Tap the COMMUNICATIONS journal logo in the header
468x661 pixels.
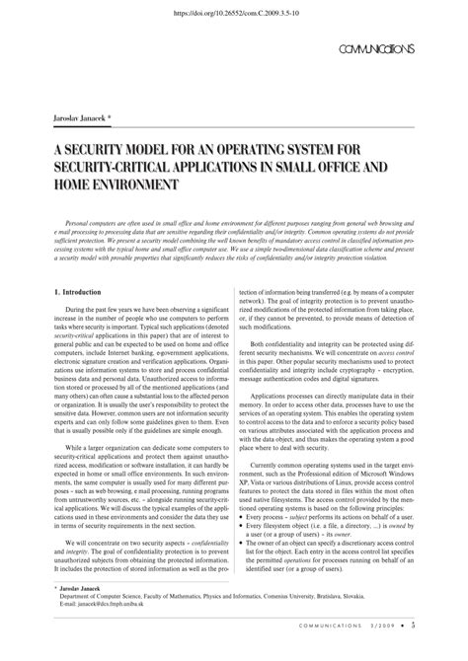pyautogui.click(x=375, y=48)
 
